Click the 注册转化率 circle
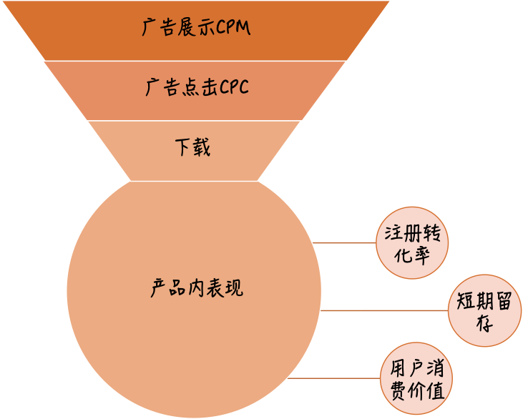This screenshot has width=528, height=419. pyautogui.click(x=412, y=244)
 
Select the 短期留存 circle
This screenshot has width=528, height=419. pyautogui.click(x=484, y=312)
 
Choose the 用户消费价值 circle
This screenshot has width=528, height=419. pyautogui.click(x=417, y=380)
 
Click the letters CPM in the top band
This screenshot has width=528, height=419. pyautogui.click(x=235, y=30)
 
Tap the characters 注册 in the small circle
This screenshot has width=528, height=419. pyautogui.click(x=403, y=235)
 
